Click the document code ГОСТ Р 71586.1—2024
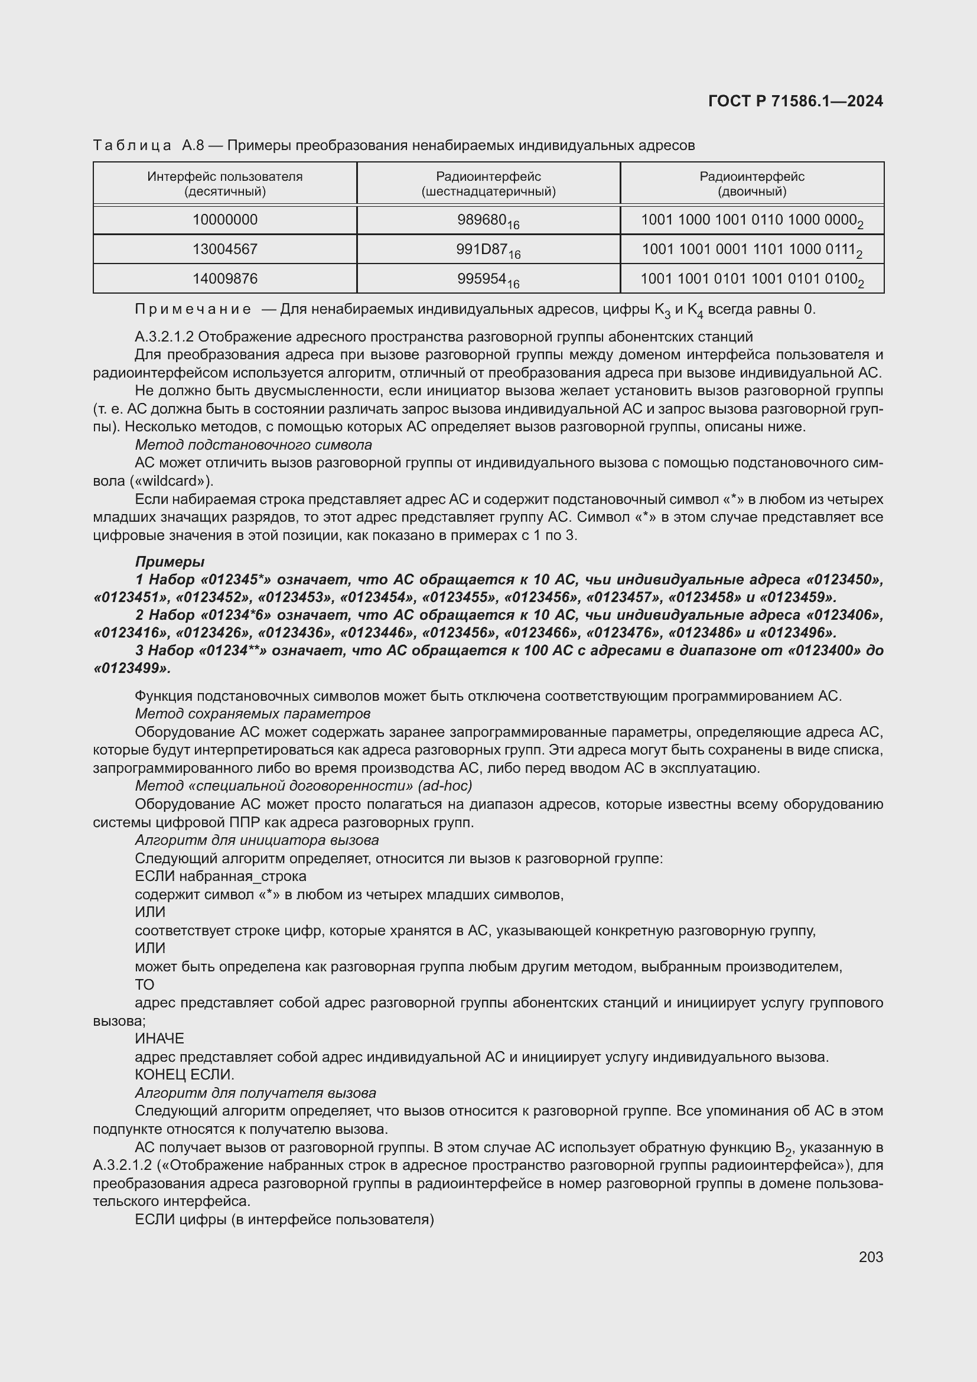[x=795, y=101]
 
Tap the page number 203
[x=871, y=1257]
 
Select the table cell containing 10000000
[x=225, y=220]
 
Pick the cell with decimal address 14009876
[x=225, y=279]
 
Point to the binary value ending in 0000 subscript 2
[x=751, y=220]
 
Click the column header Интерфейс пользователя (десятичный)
[x=225, y=184]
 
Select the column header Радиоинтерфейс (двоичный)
[x=751, y=184]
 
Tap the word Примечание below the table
[x=193, y=310]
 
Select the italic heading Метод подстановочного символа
[x=253, y=445]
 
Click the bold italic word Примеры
[x=170, y=561]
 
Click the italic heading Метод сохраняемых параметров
[x=253, y=714]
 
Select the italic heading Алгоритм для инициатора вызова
[x=257, y=840]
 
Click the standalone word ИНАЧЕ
[x=159, y=1038]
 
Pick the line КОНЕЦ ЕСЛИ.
[x=184, y=1074]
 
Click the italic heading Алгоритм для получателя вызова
[x=256, y=1092]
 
